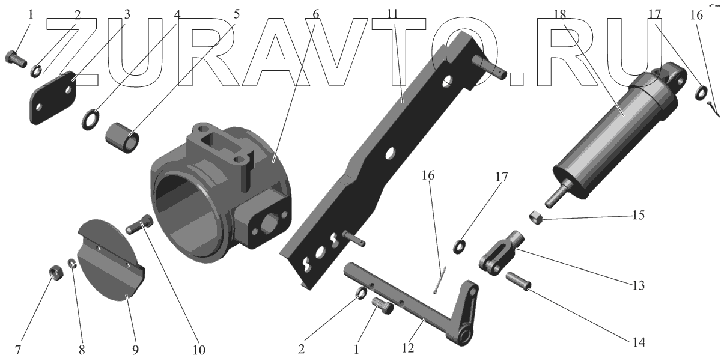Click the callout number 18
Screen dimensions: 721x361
[560, 14]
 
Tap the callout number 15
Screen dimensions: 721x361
[638, 215]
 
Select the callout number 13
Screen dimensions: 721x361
[639, 285]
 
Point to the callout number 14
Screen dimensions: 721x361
[639, 342]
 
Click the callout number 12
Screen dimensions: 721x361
[408, 348]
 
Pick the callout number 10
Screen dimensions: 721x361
[199, 350]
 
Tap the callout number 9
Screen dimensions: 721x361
[136, 350]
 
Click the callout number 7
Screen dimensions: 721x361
[18, 350]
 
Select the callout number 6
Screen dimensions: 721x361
[316, 14]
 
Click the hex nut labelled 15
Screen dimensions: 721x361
[536, 218]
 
